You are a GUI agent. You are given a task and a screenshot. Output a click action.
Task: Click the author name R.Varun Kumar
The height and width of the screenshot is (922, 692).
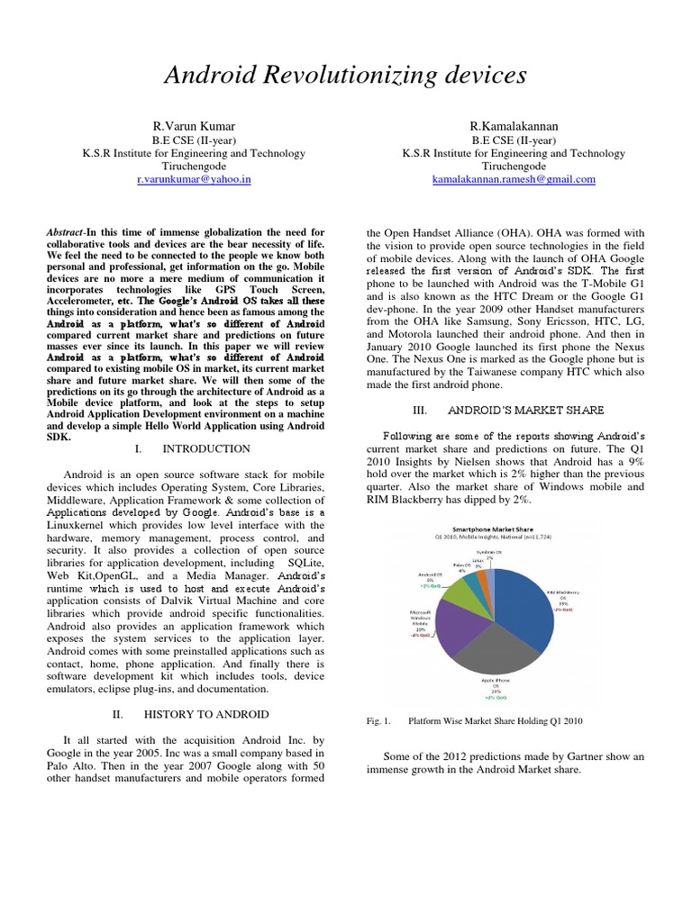click(x=193, y=129)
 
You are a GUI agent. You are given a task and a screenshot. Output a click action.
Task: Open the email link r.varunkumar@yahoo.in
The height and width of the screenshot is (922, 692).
click(x=193, y=179)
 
